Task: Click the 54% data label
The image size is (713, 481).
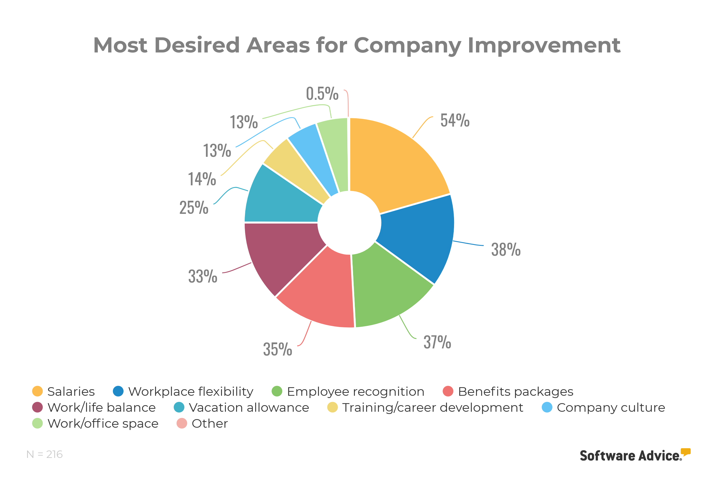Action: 455,120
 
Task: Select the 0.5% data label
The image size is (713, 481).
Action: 322,94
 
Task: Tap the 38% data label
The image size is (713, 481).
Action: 506,249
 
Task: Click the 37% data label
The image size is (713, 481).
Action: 437,342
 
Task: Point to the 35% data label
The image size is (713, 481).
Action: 277,349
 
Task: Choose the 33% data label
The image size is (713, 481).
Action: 202,276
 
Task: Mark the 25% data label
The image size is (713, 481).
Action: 194,207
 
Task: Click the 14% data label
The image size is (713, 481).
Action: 202,179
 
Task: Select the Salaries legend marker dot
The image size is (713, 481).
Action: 37,391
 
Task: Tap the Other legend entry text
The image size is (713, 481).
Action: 210,424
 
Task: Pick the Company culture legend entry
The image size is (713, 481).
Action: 611,408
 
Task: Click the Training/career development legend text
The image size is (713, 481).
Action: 433,408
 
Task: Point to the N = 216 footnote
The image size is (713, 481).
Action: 44,454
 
